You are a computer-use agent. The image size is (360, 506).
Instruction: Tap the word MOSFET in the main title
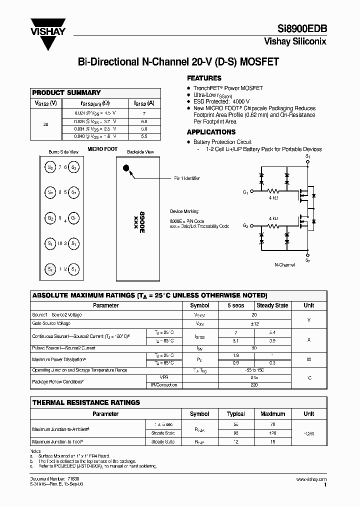[255, 62]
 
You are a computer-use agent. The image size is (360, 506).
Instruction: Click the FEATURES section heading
[204, 78]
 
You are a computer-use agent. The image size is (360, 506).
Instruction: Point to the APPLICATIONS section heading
[211, 132]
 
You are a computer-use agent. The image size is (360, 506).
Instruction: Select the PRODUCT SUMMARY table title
[66, 92]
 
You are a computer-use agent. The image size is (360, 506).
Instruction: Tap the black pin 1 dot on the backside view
[126, 168]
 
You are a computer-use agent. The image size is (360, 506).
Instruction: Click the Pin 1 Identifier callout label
[187, 178]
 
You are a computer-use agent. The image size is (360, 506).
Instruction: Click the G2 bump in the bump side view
[50, 218]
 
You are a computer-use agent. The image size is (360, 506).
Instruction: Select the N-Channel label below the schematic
[285, 264]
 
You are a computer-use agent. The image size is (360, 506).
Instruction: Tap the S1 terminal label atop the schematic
[307, 156]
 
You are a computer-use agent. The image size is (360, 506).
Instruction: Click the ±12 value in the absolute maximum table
[254, 324]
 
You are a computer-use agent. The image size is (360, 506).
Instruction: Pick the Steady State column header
[272, 305]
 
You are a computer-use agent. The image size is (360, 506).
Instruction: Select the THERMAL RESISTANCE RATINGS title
[86, 402]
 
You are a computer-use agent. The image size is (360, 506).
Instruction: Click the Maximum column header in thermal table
[272, 414]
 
